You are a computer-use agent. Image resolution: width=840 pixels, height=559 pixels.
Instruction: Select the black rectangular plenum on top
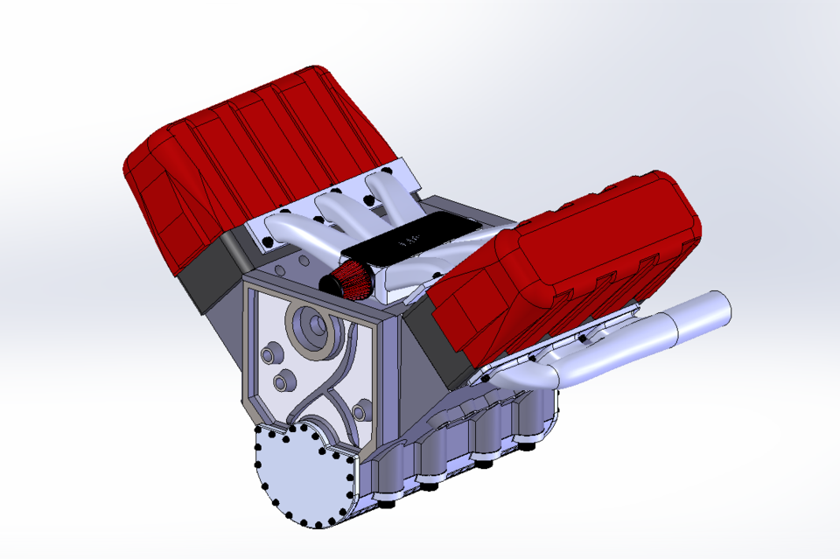[411, 240]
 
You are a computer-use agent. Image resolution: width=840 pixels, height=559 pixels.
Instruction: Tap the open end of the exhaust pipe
[719, 308]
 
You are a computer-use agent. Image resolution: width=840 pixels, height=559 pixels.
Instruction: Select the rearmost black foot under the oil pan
[528, 447]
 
